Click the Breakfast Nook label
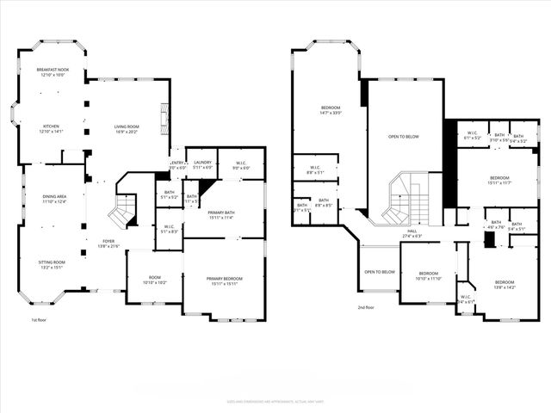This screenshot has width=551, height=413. [x=53, y=72]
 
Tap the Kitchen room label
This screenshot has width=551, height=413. [x=52, y=129]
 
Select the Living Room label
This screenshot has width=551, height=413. [x=127, y=129]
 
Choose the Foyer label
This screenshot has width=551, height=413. [x=108, y=243]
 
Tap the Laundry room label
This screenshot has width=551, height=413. [x=202, y=163]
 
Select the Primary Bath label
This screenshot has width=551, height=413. [x=224, y=215]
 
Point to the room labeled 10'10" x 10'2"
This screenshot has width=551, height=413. [x=154, y=280]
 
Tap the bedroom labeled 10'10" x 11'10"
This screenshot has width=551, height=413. [x=429, y=276]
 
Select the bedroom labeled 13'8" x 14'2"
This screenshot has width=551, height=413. [x=505, y=285]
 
